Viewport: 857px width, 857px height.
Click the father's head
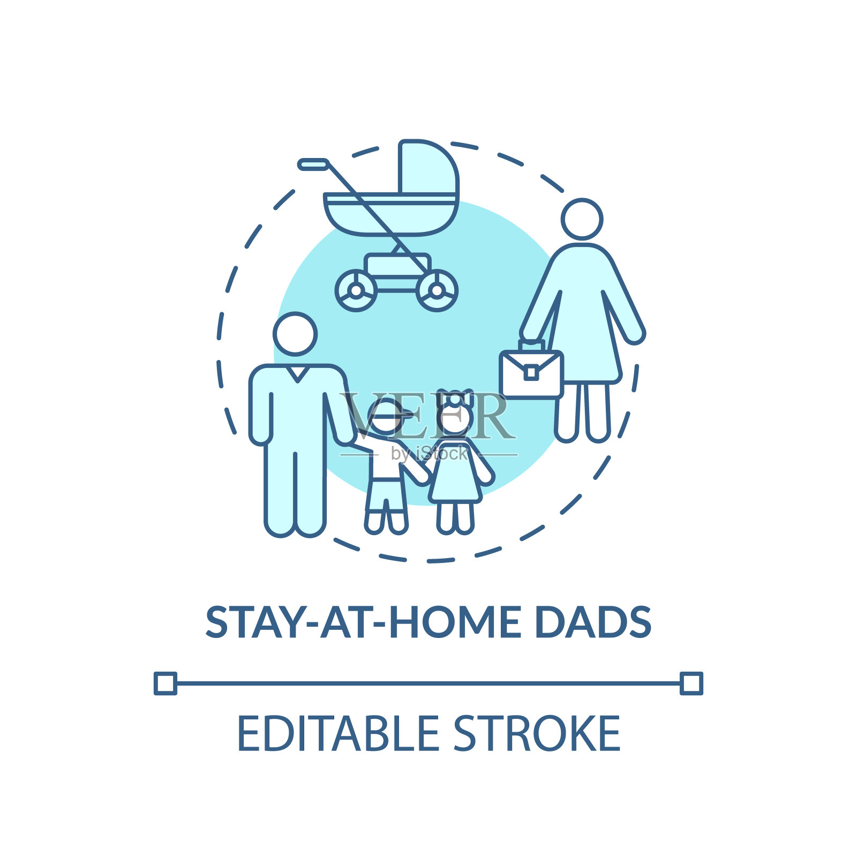click(295, 334)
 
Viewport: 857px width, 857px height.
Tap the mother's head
click(582, 219)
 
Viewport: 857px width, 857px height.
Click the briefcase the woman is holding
click(531, 370)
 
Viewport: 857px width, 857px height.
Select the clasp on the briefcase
click(531, 372)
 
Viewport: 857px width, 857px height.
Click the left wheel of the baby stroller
click(356, 291)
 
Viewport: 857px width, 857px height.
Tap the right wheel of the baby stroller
click(437, 291)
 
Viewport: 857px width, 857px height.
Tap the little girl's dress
click(455, 471)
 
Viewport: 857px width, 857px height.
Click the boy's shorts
click(386, 496)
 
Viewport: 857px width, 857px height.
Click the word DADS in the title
click(593, 622)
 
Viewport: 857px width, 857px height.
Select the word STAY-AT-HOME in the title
click(364, 622)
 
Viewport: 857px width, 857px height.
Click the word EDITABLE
click(338, 733)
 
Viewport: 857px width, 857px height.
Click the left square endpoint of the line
click(166, 683)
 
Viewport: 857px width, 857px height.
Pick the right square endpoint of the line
click(691, 683)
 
